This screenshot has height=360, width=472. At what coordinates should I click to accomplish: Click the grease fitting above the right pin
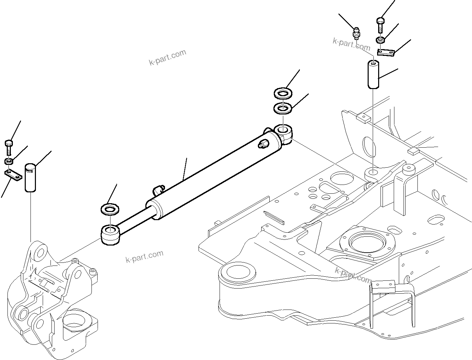[x=356, y=34]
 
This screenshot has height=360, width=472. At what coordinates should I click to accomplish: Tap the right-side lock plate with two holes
[x=386, y=52]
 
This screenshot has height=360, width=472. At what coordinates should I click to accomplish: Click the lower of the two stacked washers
[x=282, y=108]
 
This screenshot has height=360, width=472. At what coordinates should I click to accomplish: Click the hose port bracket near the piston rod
[x=158, y=190]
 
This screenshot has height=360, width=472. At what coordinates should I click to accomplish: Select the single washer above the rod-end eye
[x=110, y=209]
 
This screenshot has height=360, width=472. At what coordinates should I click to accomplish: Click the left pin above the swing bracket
[x=31, y=178]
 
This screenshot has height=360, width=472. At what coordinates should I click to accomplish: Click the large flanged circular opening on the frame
[x=367, y=243]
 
